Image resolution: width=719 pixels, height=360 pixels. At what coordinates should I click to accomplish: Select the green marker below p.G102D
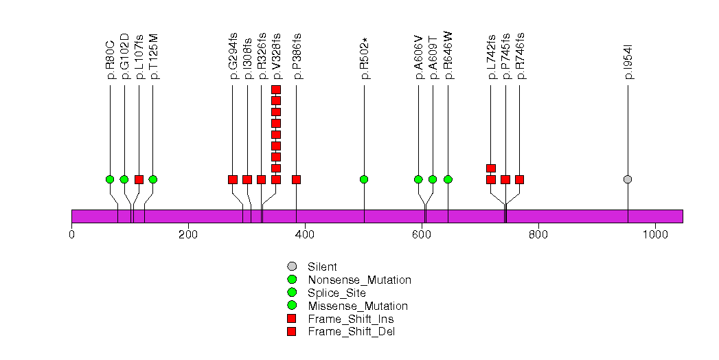pos(124,179)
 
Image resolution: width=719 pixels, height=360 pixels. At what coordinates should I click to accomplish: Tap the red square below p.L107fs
pos(139,179)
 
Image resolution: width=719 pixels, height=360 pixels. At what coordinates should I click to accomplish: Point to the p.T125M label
pos(154,56)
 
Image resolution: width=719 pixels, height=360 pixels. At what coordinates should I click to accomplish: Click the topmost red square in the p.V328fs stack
pos(276,90)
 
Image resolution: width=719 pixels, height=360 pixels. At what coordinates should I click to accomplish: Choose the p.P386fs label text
pos(297,56)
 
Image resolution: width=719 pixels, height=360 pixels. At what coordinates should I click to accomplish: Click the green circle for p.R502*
pos(364,179)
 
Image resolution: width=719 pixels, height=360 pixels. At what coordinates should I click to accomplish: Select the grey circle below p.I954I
pos(628,179)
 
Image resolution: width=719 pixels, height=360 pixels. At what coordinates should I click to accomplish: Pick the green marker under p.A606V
pos(418,179)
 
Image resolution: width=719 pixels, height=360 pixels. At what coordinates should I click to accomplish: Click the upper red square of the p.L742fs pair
pos(491,168)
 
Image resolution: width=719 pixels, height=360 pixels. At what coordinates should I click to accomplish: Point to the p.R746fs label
pos(520,56)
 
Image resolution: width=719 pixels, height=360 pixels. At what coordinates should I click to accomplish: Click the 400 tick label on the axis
pos(305,234)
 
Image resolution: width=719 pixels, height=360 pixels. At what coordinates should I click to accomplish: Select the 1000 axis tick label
pos(655,234)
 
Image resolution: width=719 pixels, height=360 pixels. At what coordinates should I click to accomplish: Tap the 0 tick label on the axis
pos(72,234)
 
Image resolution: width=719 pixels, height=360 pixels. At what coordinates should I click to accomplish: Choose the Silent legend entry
pos(322,267)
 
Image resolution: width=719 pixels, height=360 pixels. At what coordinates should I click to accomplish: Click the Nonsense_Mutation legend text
pos(359,280)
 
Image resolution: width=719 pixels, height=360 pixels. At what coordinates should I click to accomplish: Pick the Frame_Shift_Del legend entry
pos(351,332)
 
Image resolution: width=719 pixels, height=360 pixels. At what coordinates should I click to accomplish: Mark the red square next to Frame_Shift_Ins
pos(292,319)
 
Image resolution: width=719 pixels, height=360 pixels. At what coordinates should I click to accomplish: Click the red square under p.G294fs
pos(233,179)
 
